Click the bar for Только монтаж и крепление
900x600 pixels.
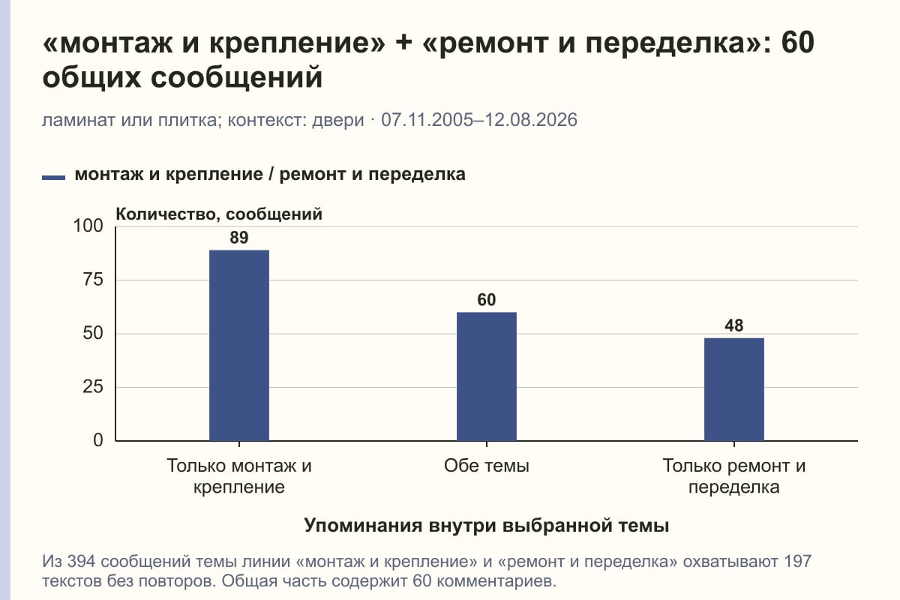point(239,345)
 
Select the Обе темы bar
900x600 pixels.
point(487,376)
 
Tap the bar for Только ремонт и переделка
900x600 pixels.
point(734,389)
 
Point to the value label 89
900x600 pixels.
point(239,238)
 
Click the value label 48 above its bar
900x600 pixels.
point(734,325)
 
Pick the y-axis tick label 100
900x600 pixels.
point(88,226)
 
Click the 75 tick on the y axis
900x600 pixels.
point(93,280)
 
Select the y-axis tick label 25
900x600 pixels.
point(93,387)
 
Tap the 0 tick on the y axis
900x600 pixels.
point(98,440)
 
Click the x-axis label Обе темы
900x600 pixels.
point(487,466)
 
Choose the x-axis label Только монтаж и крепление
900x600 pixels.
point(239,476)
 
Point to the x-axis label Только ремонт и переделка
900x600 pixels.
point(734,476)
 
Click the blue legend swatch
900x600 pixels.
point(53,178)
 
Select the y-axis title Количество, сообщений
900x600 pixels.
point(219,214)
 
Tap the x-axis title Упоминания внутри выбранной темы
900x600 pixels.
point(487,525)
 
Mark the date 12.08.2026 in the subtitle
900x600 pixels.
point(531,120)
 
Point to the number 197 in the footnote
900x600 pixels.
point(797,562)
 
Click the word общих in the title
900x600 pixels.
point(91,77)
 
